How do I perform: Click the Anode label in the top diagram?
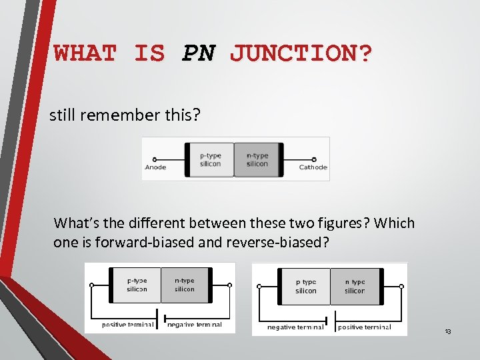[155, 167]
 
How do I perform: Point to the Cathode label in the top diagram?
[313, 167]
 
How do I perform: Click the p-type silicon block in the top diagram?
[211, 160]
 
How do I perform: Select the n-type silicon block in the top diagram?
[257, 160]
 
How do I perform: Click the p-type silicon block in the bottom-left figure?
[137, 285]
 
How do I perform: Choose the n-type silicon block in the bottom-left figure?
[185, 285]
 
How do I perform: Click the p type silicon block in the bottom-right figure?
[306, 287]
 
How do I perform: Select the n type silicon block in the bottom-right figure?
[355, 287]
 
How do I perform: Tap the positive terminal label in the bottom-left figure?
[127, 325]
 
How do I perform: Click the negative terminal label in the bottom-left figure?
[194, 325]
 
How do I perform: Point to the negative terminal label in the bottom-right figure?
[295, 327]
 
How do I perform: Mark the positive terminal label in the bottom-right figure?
[364, 327]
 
